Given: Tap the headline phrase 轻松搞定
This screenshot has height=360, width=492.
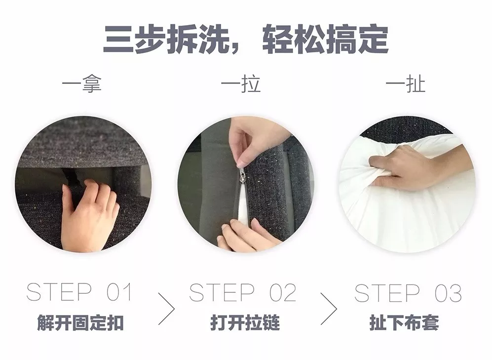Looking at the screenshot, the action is click(325, 39).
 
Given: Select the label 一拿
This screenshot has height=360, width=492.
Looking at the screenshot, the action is click(81, 84).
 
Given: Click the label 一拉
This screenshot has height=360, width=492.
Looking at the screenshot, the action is click(241, 84).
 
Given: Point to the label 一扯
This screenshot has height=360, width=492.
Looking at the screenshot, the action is click(406, 84).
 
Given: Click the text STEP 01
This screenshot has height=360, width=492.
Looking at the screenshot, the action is click(79, 292).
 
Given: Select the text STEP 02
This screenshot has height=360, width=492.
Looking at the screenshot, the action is click(243, 292).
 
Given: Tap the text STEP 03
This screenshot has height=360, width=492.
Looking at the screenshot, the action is click(408, 293).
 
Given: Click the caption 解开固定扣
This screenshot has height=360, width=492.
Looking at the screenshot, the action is click(80, 322).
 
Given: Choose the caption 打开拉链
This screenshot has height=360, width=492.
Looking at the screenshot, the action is click(245, 322).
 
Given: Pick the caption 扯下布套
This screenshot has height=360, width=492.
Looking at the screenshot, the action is click(404, 322).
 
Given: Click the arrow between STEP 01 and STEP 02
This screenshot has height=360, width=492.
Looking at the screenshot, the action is click(166, 309).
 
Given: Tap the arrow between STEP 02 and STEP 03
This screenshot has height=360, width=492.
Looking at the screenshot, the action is click(329, 309).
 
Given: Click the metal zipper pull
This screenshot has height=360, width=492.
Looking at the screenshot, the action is click(242, 175).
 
